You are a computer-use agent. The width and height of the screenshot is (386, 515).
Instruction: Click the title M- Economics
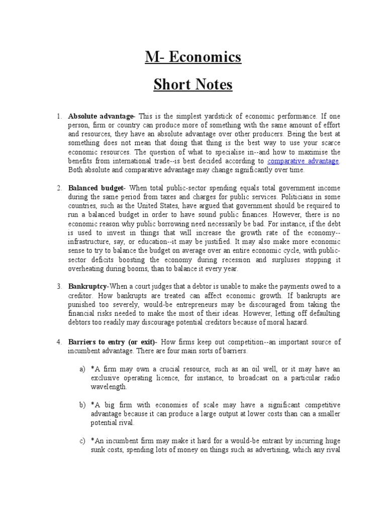[x=193, y=58]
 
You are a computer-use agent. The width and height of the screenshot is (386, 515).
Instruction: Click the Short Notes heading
[x=193, y=85]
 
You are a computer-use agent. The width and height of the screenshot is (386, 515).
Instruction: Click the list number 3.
[x=59, y=286]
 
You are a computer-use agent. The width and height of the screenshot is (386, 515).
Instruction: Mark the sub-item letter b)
[x=82, y=404]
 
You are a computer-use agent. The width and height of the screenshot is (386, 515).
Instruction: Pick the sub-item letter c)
[x=82, y=441]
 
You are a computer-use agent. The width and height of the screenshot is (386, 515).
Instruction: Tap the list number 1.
[x=59, y=116]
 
